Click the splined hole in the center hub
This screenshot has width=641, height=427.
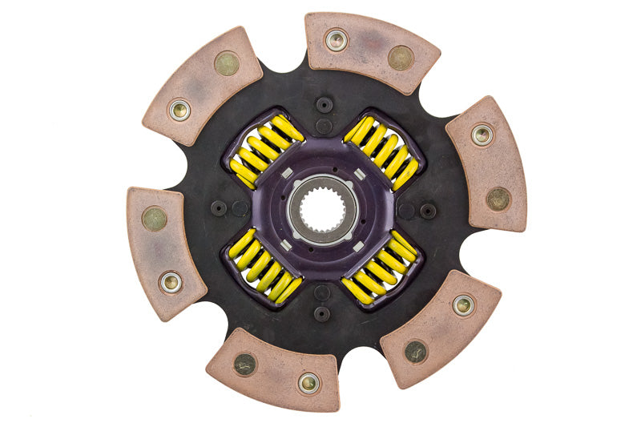323,209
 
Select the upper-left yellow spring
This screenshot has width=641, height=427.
265,148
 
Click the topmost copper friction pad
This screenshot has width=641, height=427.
371,50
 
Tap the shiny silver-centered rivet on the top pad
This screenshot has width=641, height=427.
337,39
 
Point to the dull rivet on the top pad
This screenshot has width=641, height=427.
400,57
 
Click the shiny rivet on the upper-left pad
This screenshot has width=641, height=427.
179,110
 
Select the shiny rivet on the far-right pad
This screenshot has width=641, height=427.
482,135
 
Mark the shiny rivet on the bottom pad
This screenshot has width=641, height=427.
309,382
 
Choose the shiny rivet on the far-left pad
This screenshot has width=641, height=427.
170,281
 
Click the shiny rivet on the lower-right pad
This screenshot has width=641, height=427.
463,304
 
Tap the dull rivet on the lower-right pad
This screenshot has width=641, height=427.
415,350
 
